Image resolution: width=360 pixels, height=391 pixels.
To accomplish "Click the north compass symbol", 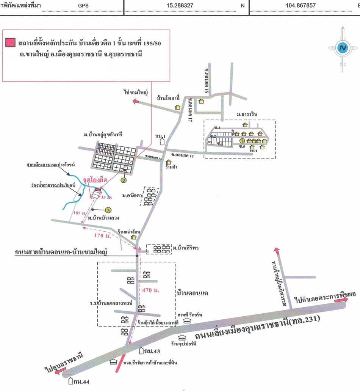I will click(343, 48).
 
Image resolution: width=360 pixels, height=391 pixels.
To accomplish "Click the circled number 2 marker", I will click(124, 180).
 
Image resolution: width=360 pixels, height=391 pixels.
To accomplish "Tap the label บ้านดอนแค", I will click(193, 293).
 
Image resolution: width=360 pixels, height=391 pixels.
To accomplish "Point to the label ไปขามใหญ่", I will click(135, 92).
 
